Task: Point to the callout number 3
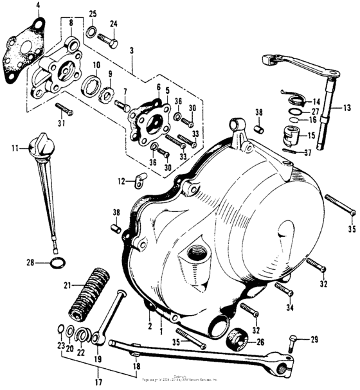tap(132, 49)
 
